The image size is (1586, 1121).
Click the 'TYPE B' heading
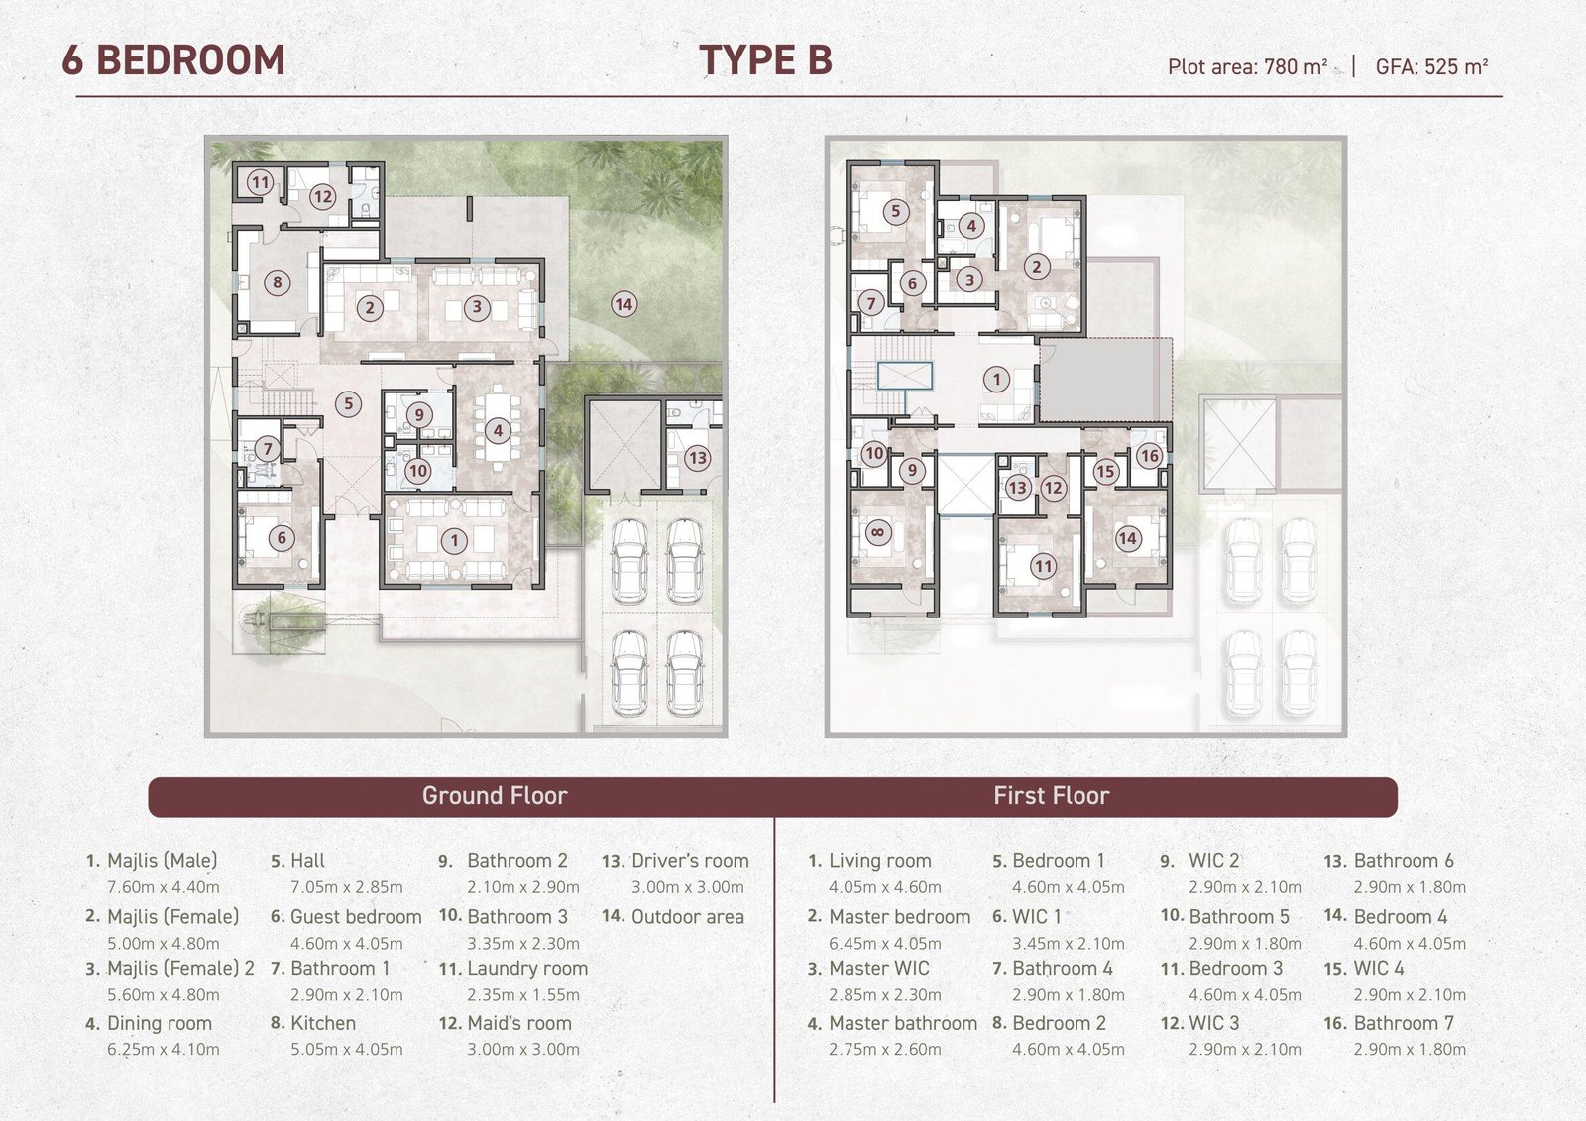765,59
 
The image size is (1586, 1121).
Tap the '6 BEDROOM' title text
173,60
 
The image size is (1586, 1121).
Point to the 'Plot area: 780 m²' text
1247,67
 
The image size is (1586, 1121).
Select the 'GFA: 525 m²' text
1431,67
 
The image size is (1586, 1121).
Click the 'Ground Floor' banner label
495,795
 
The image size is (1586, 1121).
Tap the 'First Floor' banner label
1052,795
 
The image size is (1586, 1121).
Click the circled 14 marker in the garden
623,304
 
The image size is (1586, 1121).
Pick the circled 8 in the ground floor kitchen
277,282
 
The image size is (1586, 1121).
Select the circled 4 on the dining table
498,430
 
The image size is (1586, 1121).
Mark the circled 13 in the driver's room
698,458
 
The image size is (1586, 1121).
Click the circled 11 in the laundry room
261,182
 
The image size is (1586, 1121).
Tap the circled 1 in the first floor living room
997,379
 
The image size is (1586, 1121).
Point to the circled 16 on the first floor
1149,455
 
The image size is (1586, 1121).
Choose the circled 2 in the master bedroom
1037,267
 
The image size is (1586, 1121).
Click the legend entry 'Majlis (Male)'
163,861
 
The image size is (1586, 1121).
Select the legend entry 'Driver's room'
690,861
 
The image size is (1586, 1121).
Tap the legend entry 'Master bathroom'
903,1023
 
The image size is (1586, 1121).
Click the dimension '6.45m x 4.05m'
885,944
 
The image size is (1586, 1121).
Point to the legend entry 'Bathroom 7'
1404,1023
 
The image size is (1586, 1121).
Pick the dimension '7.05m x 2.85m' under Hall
346,887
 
